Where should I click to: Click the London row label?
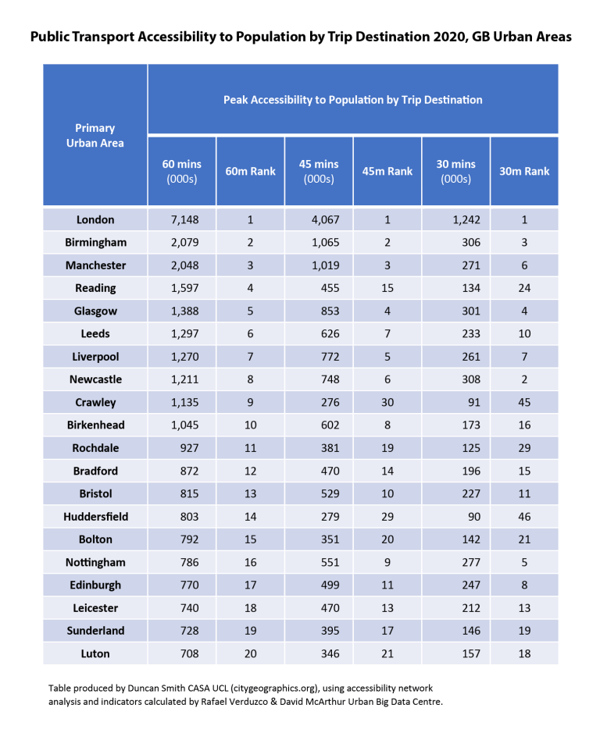click(95, 220)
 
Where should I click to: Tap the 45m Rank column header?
click(387, 171)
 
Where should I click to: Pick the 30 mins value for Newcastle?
click(468, 379)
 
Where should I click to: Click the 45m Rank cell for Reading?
click(387, 288)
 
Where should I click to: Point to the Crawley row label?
click(95, 403)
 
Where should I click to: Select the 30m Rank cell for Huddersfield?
click(524, 517)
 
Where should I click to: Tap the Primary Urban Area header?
click(95, 135)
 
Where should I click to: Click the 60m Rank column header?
click(250, 171)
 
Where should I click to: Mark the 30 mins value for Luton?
click(468, 653)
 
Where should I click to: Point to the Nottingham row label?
click(95, 562)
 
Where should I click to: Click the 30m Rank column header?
click(524, 171)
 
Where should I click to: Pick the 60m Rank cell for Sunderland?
click(250, 631)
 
